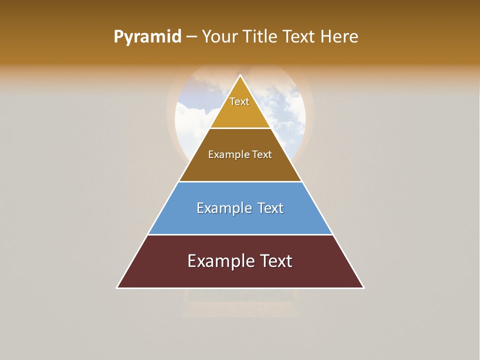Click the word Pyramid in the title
click(147, 37)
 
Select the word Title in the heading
click(261, 37)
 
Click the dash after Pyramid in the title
click(191, 37)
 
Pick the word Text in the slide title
click(300, 37)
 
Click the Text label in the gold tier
click(239, 102)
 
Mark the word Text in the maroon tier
click(274, 261)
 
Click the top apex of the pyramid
click(240, 75)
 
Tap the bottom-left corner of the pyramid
click(117, 287)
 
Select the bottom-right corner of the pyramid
click(363, 287)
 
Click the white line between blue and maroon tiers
click(240, 234)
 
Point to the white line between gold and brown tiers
click(240, 128)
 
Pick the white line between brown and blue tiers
click(240, 181)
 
